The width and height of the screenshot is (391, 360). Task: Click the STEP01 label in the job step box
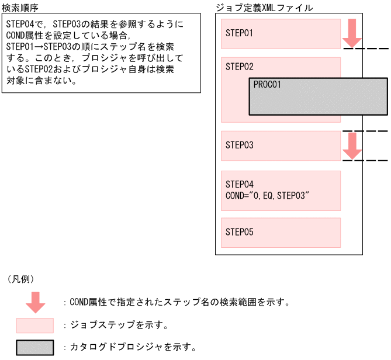239,33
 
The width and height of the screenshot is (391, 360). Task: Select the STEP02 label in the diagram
239,67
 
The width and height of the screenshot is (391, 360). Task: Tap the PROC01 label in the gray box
267,85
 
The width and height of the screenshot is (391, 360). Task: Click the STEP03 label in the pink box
239,145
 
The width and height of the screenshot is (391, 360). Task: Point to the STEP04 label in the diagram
239,184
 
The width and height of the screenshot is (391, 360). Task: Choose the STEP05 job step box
281,233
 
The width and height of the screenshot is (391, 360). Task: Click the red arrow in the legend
35,302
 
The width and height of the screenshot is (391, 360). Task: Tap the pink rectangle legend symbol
35,325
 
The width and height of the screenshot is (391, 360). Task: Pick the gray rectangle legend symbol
35,347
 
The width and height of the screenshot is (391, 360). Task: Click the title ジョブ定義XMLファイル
264,8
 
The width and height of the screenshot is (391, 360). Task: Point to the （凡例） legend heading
20,279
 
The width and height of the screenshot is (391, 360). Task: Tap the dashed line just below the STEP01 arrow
365,49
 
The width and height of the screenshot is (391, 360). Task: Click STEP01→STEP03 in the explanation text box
43,46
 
